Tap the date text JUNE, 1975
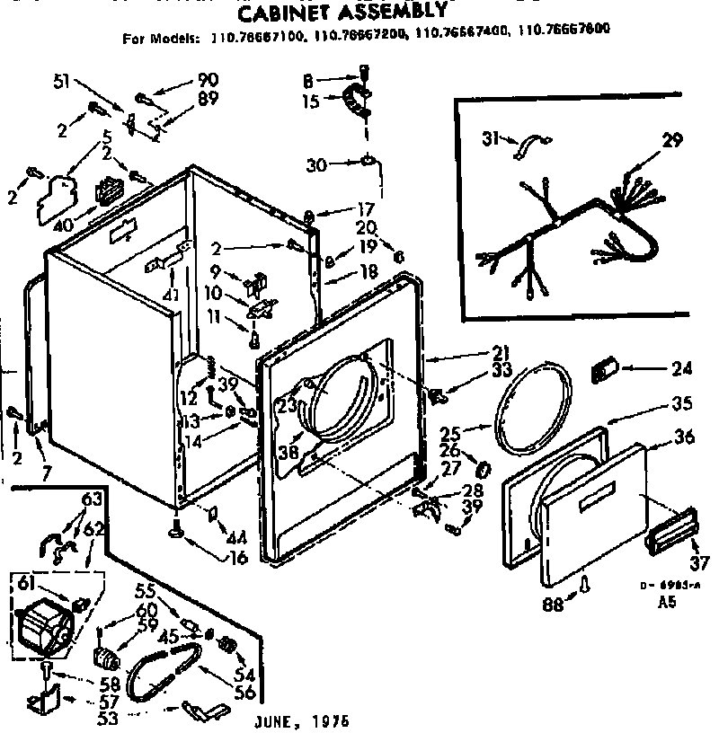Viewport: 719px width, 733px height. [302, 721]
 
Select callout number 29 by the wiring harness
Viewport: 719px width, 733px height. [672, 140]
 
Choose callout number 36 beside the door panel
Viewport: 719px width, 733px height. [685, 438]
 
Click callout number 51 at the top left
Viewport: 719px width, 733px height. [62, 83]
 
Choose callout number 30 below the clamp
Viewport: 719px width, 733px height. [315, 164]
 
